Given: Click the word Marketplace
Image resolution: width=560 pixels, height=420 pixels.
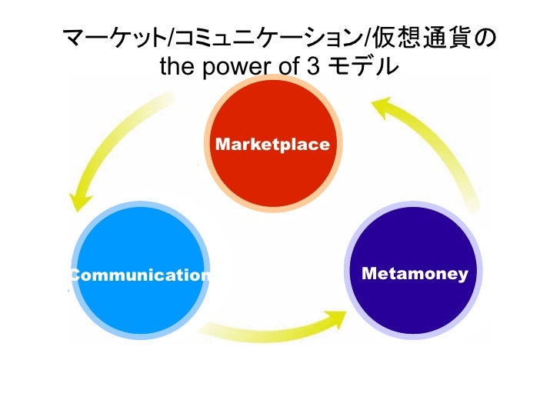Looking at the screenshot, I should [x=273, y=145].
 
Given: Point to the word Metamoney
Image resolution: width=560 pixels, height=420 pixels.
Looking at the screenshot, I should [x=415, y=274].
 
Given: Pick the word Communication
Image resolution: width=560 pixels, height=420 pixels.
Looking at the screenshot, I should [x=141, y=275].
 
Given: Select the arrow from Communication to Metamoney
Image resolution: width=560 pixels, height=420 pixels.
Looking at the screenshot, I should [x=269, y=327].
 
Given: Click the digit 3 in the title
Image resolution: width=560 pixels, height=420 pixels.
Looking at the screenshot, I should [x=315, y=68].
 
